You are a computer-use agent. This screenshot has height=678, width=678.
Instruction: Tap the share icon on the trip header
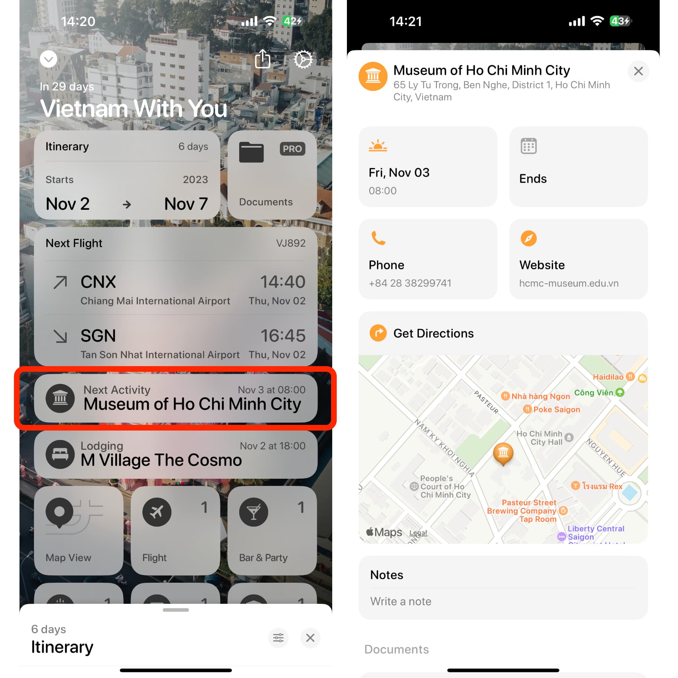click(263, 59)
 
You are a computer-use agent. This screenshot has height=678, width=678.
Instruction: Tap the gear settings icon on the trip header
click(303, 60)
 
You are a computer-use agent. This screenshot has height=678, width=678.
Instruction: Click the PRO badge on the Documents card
click(292, 149)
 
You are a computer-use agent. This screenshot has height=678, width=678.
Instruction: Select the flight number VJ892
click(291, 243)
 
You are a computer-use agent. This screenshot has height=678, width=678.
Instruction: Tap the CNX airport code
click(98, 282)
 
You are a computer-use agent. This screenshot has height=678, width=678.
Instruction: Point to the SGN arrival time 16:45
click(283, 336)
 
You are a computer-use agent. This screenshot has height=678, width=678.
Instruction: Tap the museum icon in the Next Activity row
click(60, 398)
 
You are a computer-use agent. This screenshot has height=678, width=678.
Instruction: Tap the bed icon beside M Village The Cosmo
click(60, 454)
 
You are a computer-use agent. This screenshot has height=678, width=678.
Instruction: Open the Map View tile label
click(68, 557)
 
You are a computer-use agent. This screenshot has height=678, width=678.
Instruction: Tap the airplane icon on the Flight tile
click(157, 512)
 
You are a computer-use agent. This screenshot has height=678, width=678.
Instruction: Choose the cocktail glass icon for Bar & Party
click(253, 512)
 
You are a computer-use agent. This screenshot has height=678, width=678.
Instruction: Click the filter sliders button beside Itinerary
click(278, 638)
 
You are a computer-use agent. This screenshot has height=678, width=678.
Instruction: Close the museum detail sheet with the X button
click(638, 71)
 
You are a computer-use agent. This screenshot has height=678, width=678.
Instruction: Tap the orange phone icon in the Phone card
click(378, 238)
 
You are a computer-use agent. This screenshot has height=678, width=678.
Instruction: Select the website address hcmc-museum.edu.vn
click(569, 283)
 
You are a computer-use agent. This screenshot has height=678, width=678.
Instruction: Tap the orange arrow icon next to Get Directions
click(378, 333)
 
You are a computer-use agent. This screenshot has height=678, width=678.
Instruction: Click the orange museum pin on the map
click(503, 454)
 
